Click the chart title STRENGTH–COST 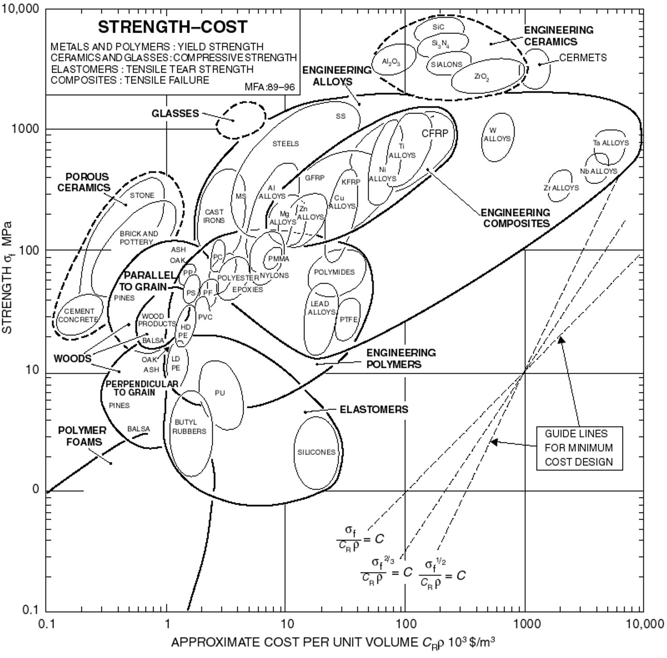(173, 27)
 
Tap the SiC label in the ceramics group (438, 27)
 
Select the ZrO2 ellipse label (482, 77)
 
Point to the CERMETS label (583, 58)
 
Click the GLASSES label (175, 113)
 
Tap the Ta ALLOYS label (611, 143)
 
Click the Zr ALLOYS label (561, 188)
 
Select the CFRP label (435, 133)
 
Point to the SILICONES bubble (316, 452)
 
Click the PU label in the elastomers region (220, 393)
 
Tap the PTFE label (348, 319)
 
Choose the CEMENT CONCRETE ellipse (78, 315)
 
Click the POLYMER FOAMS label (82, 436)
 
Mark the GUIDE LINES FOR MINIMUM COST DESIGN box (579, 448)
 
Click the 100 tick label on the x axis (406, 624)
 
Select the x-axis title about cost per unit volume (333, 643)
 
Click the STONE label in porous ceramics (142, 195)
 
